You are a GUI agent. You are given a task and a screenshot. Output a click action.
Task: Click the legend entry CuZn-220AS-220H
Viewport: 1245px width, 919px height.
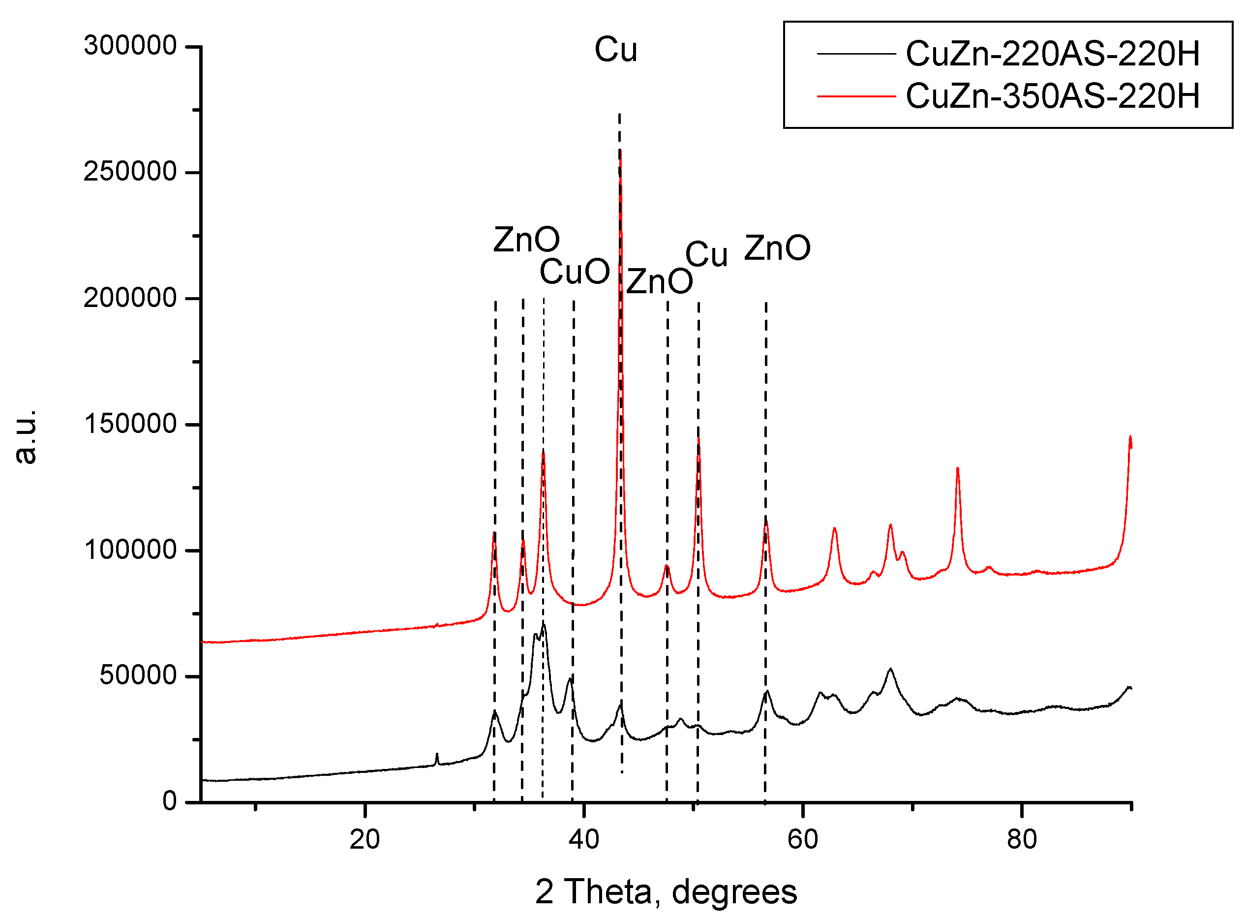(x=1053, y=54)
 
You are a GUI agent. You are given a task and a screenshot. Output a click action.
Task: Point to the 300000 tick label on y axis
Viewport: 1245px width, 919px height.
(x=130, y=46)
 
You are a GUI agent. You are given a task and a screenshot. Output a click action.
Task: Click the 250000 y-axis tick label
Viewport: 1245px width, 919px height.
(x=130, y=171)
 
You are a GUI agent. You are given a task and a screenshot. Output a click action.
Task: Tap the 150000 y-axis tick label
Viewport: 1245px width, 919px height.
(x=130, y=424)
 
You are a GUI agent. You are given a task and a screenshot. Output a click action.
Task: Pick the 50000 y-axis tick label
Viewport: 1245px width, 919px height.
(x=138, y=675)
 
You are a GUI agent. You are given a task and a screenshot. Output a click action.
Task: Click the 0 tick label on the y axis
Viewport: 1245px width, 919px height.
(x=170, y=801)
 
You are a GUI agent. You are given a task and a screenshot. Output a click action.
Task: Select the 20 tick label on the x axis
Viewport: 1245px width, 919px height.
(x=365, y=839)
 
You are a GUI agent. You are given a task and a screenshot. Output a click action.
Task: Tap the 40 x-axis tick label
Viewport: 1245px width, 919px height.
(x=584, y=839)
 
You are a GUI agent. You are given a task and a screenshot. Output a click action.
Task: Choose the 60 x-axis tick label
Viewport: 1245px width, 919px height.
(x=803, y=839)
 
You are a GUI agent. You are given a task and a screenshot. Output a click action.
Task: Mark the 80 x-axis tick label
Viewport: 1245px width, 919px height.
(x=1022, y=839)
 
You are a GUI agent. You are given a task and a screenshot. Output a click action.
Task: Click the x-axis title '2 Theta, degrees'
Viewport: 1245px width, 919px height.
(x=666, y=892)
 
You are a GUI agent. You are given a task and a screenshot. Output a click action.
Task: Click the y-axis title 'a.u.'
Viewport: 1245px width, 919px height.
(x=25, y=437)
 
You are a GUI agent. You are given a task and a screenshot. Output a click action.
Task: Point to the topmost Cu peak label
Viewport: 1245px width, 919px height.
(x=615, y=50)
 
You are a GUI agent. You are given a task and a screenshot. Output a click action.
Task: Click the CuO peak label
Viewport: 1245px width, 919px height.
(x=575, y=272)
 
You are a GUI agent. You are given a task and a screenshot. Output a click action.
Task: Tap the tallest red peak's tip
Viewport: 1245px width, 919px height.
(x=620, y=152)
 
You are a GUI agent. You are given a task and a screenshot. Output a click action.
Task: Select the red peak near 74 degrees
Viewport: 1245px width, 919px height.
(x=958, y=469)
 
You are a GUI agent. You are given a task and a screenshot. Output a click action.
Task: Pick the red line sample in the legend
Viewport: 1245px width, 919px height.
(x=856, y=96)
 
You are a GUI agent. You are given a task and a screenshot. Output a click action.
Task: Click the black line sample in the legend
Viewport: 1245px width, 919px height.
(x=856, y=54)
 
